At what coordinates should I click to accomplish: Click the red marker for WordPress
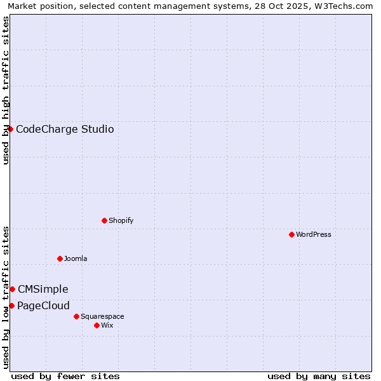coord(291,234)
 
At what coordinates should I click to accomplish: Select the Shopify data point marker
coord(104,220)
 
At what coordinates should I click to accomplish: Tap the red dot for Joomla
coord(60,258)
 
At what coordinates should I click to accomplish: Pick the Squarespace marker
coord(76,316)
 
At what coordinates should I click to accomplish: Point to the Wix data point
coord(97,325)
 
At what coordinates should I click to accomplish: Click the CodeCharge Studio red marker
coord(10,129)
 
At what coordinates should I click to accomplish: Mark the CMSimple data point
coord(12,289)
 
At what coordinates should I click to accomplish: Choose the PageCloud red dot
coord(11,305)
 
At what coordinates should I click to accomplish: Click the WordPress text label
coord(314,234)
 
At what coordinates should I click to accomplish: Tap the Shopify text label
coord(121,220)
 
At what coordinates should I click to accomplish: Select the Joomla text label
coord(76,258)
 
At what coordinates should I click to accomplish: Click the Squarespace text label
coord(102,316)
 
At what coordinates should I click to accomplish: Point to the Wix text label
coord(107,325)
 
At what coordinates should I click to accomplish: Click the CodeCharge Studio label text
coord(65,130)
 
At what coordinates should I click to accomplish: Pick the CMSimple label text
coord(43,290)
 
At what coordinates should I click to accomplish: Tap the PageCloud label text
coord(43,306)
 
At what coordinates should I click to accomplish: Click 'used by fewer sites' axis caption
coord(65,376)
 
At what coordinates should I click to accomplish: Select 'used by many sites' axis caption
coord(319,376)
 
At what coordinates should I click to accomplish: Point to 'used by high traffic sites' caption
coord(6,90)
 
